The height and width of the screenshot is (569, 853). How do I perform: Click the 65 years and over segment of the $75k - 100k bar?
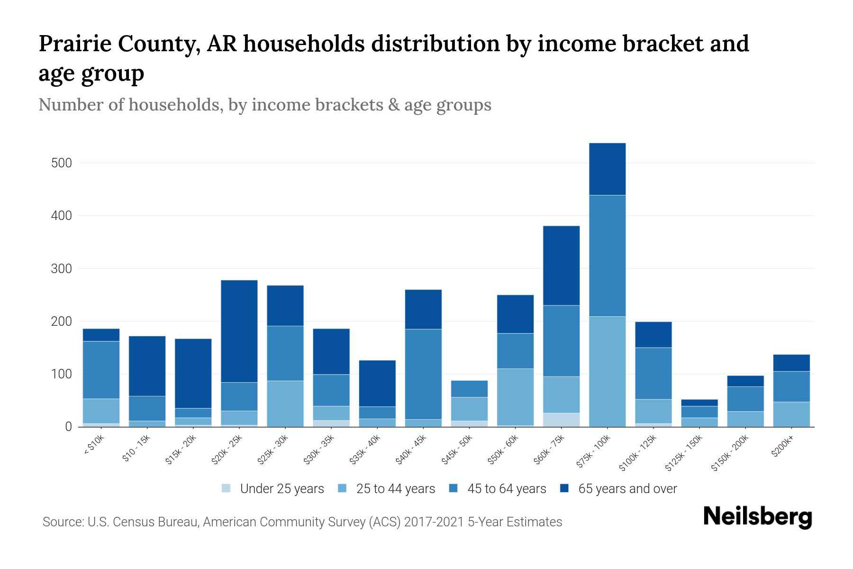(x=607, y=169)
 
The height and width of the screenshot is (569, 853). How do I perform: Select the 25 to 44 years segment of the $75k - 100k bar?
(x=607, y=371)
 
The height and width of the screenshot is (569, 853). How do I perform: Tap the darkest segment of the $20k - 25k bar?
(x=239, y=331)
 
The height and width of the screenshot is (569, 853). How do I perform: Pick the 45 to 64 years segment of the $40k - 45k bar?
(x=423, y=374)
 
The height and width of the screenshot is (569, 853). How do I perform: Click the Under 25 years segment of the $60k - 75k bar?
(x=561, y=420)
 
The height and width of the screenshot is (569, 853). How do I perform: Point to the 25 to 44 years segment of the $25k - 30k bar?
(x=285, y=404)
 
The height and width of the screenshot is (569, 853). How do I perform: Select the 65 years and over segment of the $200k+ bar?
(x=791, y=363)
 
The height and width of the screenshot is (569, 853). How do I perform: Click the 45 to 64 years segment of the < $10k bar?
(x=101, y=370)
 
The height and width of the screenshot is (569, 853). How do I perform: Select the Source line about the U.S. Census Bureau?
(x=302, y=522)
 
